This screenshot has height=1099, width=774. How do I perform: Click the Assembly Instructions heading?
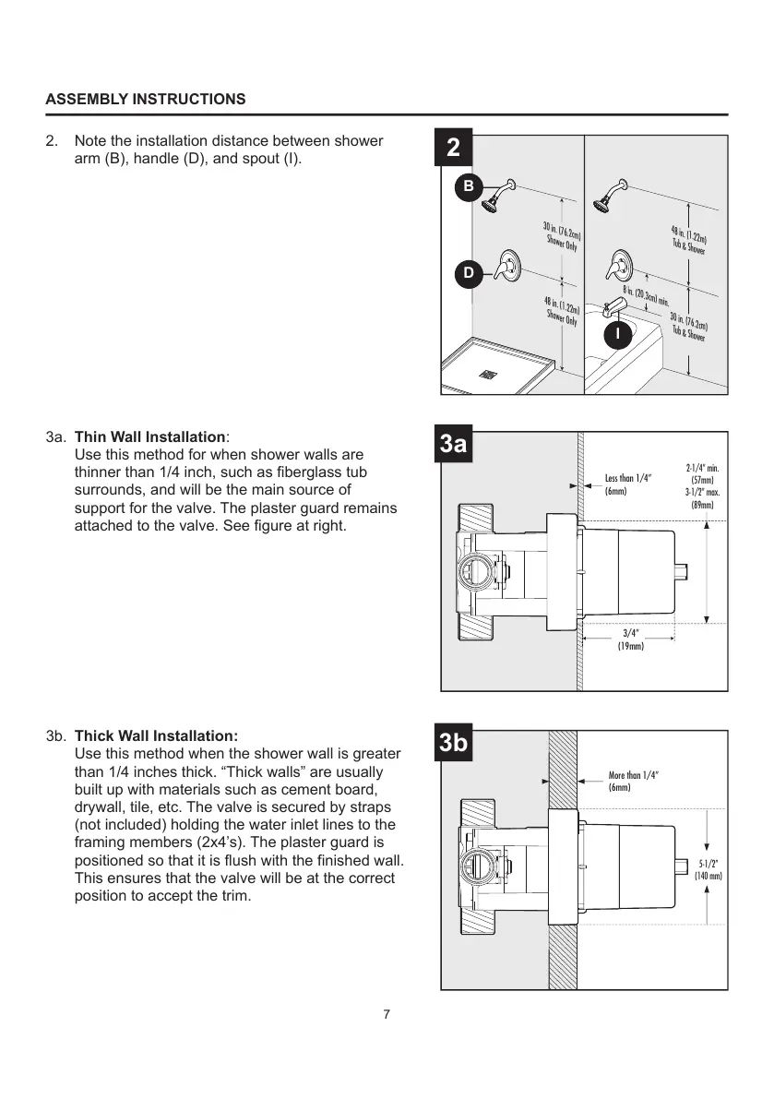click(146, 99)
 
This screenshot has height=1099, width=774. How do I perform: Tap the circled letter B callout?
click(469, 186)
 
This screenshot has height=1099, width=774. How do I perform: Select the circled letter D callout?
click(469, 273)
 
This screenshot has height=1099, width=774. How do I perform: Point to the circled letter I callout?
click(618, 332)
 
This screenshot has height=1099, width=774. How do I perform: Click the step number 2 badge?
click(453, 149)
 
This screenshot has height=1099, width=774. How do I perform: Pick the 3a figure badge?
click(453, 445)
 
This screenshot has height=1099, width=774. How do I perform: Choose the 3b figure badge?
click(453, 744)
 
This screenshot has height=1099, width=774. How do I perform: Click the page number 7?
click(387, 1015)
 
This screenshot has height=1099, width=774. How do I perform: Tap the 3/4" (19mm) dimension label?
click(630, 639)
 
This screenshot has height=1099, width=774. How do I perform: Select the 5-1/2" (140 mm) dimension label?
click(708, 868)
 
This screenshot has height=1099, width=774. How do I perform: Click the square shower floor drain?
click(485, 374)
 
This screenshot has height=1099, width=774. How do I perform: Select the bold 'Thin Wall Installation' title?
click(150, 436)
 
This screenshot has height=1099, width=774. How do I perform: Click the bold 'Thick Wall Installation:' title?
click(156, 736)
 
